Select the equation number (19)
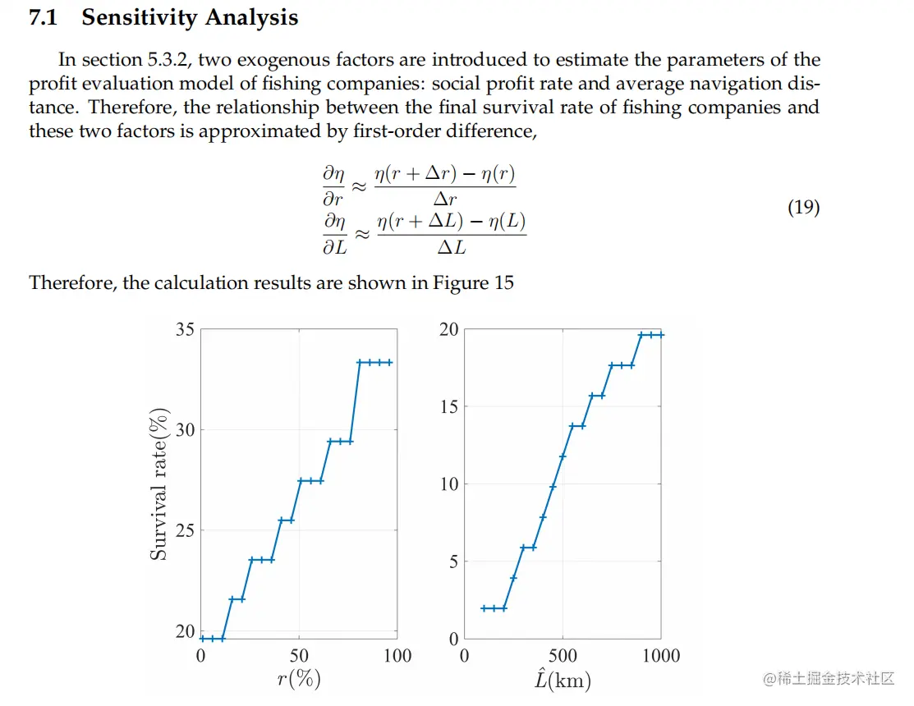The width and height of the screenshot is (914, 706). [x=803, y=207]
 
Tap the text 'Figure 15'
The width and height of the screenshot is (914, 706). [x=477, y=283]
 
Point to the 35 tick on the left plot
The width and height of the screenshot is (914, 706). [x=185, y=330]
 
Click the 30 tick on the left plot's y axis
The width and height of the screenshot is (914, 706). [x=185, y=430]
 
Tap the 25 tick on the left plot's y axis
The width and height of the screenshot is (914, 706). [x=185, y=530]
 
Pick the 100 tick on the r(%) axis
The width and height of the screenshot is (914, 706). [x=397, y=655]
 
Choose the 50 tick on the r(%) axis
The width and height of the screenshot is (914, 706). [x=299, y=655]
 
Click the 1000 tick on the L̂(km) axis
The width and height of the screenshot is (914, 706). [x=661, y=655]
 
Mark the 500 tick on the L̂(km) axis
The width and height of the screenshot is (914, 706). [x=563, y=655]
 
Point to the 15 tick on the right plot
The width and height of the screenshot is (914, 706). [x=448, y=407]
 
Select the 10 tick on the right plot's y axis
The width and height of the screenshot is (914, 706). [x=448, y=484]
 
